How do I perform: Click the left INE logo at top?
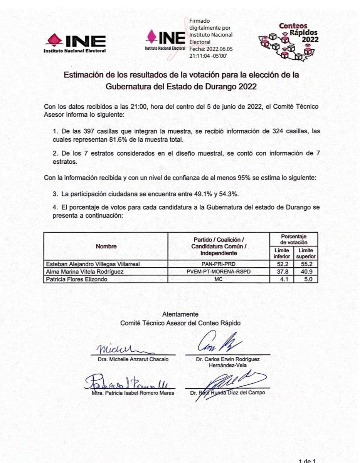click(76, 43)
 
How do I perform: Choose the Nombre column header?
click(106, 246)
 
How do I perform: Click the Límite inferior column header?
click(281, 253)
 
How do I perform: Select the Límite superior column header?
click(306, 253)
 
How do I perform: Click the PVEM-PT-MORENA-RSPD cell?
click(218, 272)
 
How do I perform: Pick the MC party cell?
click(218, 279)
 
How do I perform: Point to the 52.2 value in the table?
click(281, 264)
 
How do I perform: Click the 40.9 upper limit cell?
click(306, 272)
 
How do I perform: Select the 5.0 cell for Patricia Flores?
click(306, 279)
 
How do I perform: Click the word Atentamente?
click(180, 314)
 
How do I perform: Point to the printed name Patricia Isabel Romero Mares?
click(130, 393)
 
